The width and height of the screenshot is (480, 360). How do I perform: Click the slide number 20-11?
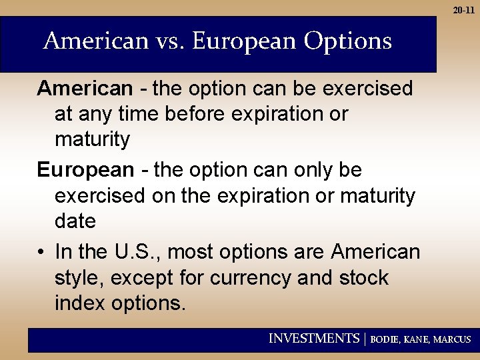464,10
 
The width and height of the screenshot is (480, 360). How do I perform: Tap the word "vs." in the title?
169,41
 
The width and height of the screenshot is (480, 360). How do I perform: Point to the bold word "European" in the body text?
85,171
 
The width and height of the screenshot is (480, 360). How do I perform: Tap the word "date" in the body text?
75,221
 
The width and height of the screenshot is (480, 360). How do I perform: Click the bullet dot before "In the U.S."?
41,253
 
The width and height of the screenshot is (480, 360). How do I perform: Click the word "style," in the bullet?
79,278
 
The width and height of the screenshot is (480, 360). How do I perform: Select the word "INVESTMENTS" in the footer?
313,339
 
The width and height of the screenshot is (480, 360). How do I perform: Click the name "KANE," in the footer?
417,339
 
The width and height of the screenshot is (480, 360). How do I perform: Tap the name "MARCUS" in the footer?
452,339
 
